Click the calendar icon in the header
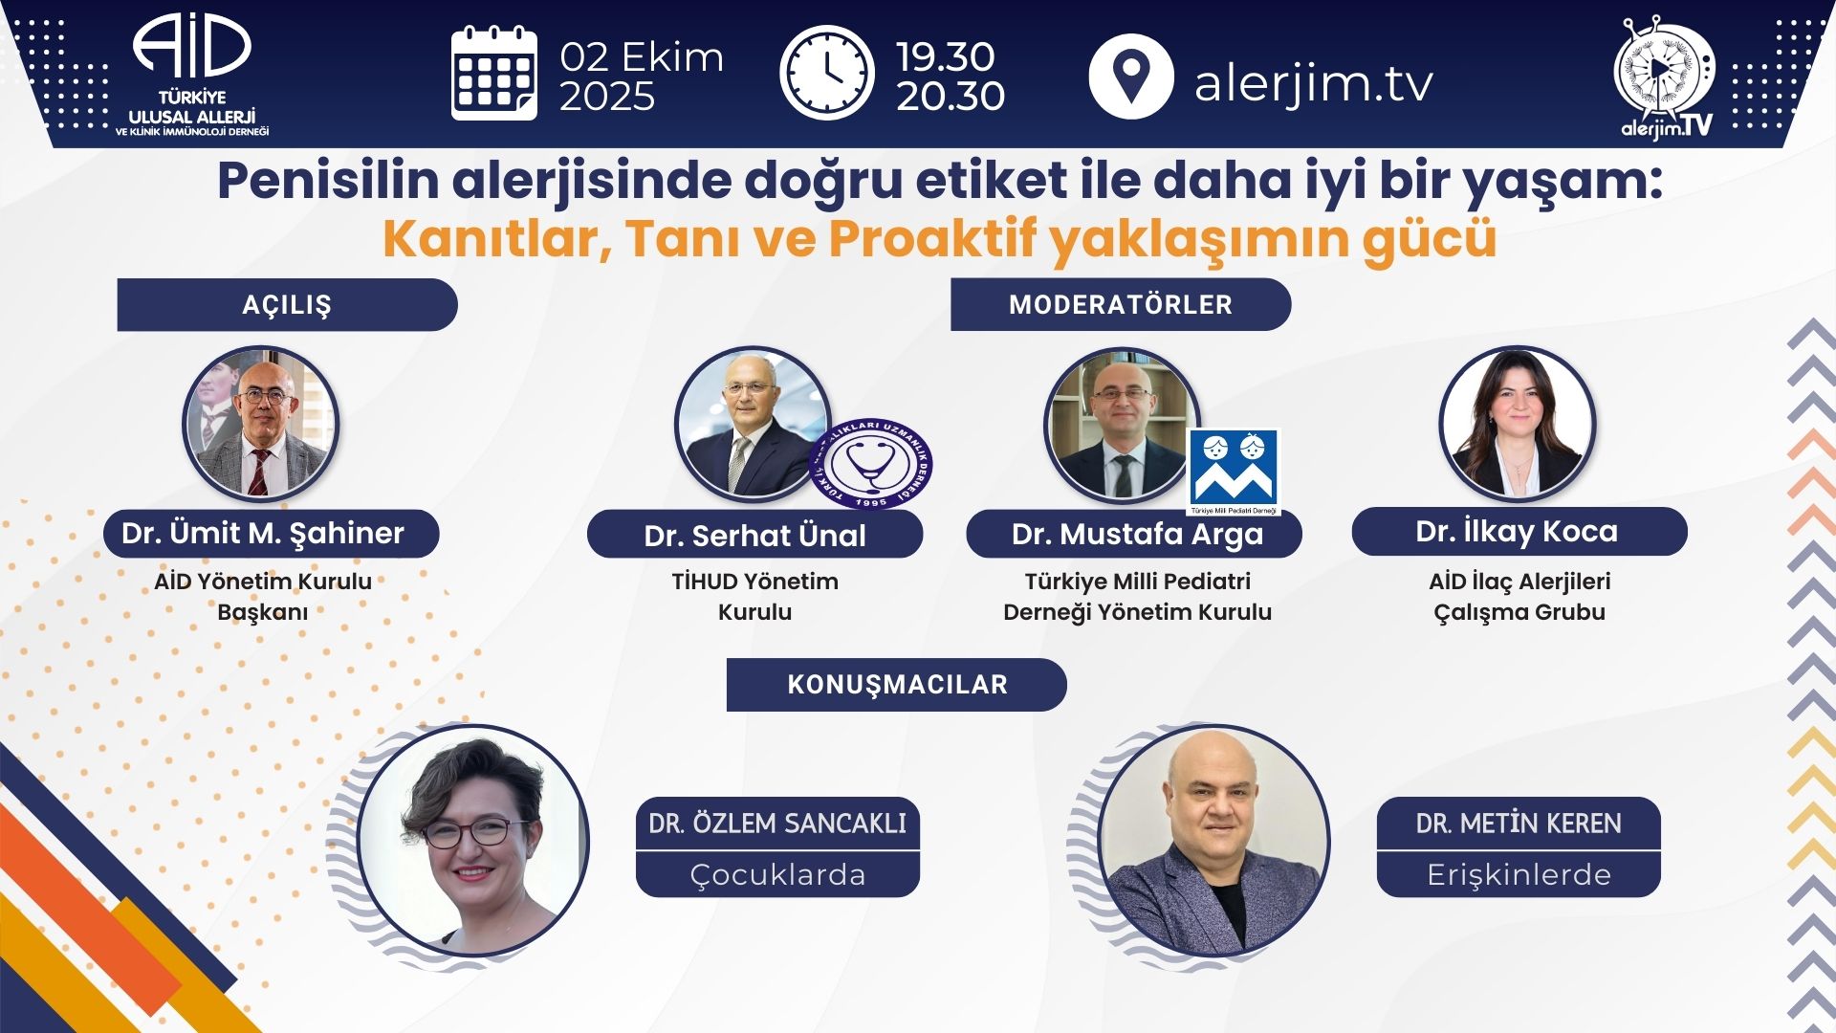click(x=493, y=74)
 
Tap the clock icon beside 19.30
click(x=827, y=74)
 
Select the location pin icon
click(x=1131, y=76)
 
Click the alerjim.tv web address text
click(x=1314, y=83)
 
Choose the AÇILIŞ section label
click(x=287, y=305)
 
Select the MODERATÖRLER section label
click(x=1121, y=304)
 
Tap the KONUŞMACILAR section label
click(x=897, y=685)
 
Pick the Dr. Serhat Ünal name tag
click(x=754, y=535)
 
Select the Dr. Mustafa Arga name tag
click(x=1134, y=534)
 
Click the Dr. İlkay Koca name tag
click(x=1519, y=531)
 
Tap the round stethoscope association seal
click(x=871, y=464)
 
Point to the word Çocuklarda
click(x=777, y=875)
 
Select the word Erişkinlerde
click(x=1519, y=874)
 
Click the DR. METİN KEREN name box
click(x=1519, y=824)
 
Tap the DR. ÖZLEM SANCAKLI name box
click(x=777, y=824)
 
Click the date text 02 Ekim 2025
click(x=641, y=77)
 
